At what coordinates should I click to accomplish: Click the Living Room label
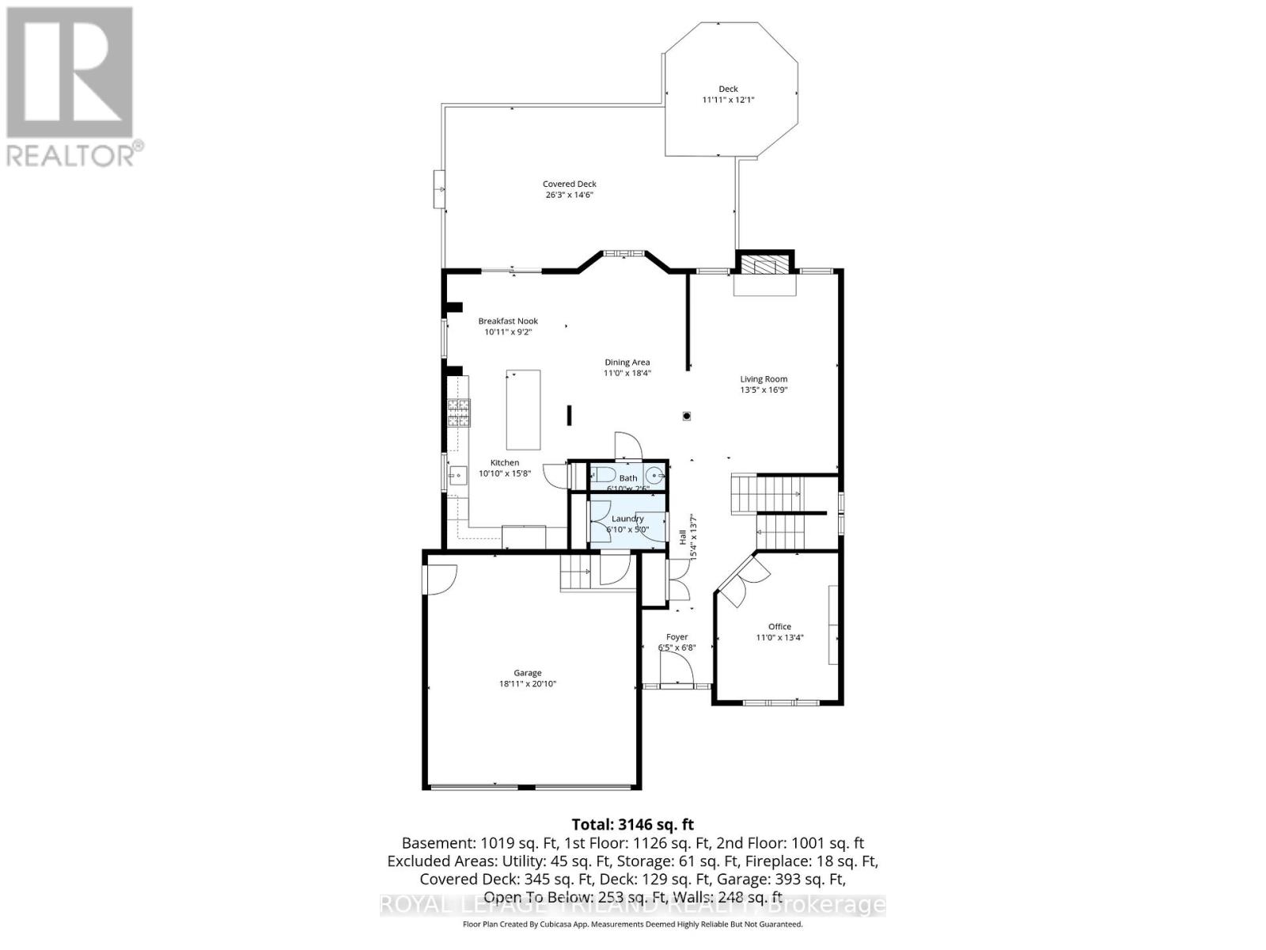764,379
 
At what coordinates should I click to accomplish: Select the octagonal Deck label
728,89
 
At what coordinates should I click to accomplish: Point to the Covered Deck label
569,184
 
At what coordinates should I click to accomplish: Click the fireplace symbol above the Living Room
764,267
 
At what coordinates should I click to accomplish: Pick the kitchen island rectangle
523,409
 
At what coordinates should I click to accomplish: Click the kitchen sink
457,475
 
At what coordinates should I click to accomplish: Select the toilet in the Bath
602,476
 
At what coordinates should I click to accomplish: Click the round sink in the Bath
654,476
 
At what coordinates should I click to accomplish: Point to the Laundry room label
627,519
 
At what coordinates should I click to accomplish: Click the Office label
779,626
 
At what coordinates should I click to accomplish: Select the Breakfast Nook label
508,321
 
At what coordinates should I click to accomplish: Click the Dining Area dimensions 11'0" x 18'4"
627,373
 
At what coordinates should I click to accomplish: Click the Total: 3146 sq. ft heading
632,825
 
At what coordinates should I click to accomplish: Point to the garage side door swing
440,579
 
